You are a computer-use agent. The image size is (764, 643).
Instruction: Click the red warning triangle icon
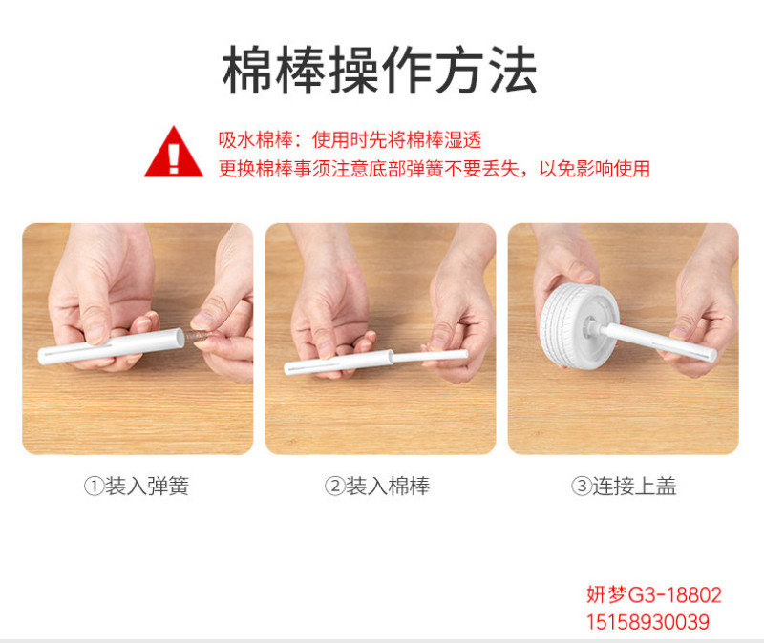click(x=174, y=152)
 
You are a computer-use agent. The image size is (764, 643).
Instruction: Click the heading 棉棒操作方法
click(x=380, y=70)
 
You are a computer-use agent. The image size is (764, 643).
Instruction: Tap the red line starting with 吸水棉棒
click(x=350, y=139)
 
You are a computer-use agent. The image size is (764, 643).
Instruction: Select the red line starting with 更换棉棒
click(x=435, y=169)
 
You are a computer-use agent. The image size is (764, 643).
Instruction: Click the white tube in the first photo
click(x=112, y=346)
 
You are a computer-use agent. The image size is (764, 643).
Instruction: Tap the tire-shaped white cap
click(x=577, y=326)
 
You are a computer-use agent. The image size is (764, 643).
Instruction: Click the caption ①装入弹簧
click(x=137, y=486)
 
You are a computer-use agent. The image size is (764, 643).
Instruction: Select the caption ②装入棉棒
click(x=377, y=486)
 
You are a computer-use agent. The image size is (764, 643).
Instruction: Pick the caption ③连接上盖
click(x=624, y=486)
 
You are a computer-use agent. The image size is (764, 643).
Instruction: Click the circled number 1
click(x=94, y=486)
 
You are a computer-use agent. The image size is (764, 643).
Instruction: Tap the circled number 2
click(x=335, y=486)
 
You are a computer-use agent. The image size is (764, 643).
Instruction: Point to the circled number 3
click(x=582, y=486)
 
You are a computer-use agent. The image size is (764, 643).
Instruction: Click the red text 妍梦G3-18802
click(x=654, y=594)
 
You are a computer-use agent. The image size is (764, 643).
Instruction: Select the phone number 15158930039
click(x=647, y=622)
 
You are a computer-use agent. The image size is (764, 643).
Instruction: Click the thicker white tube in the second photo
click(x=339, y=363)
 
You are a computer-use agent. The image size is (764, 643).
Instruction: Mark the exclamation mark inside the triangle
click(x=174, y=157)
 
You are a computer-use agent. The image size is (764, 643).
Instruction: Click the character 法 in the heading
click(x=513, y=70)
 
